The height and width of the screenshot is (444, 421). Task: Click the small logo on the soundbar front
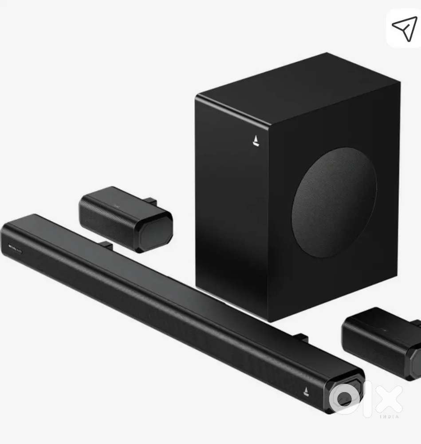pos(306,392)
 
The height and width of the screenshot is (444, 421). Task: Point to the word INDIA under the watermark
pos(391,416)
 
